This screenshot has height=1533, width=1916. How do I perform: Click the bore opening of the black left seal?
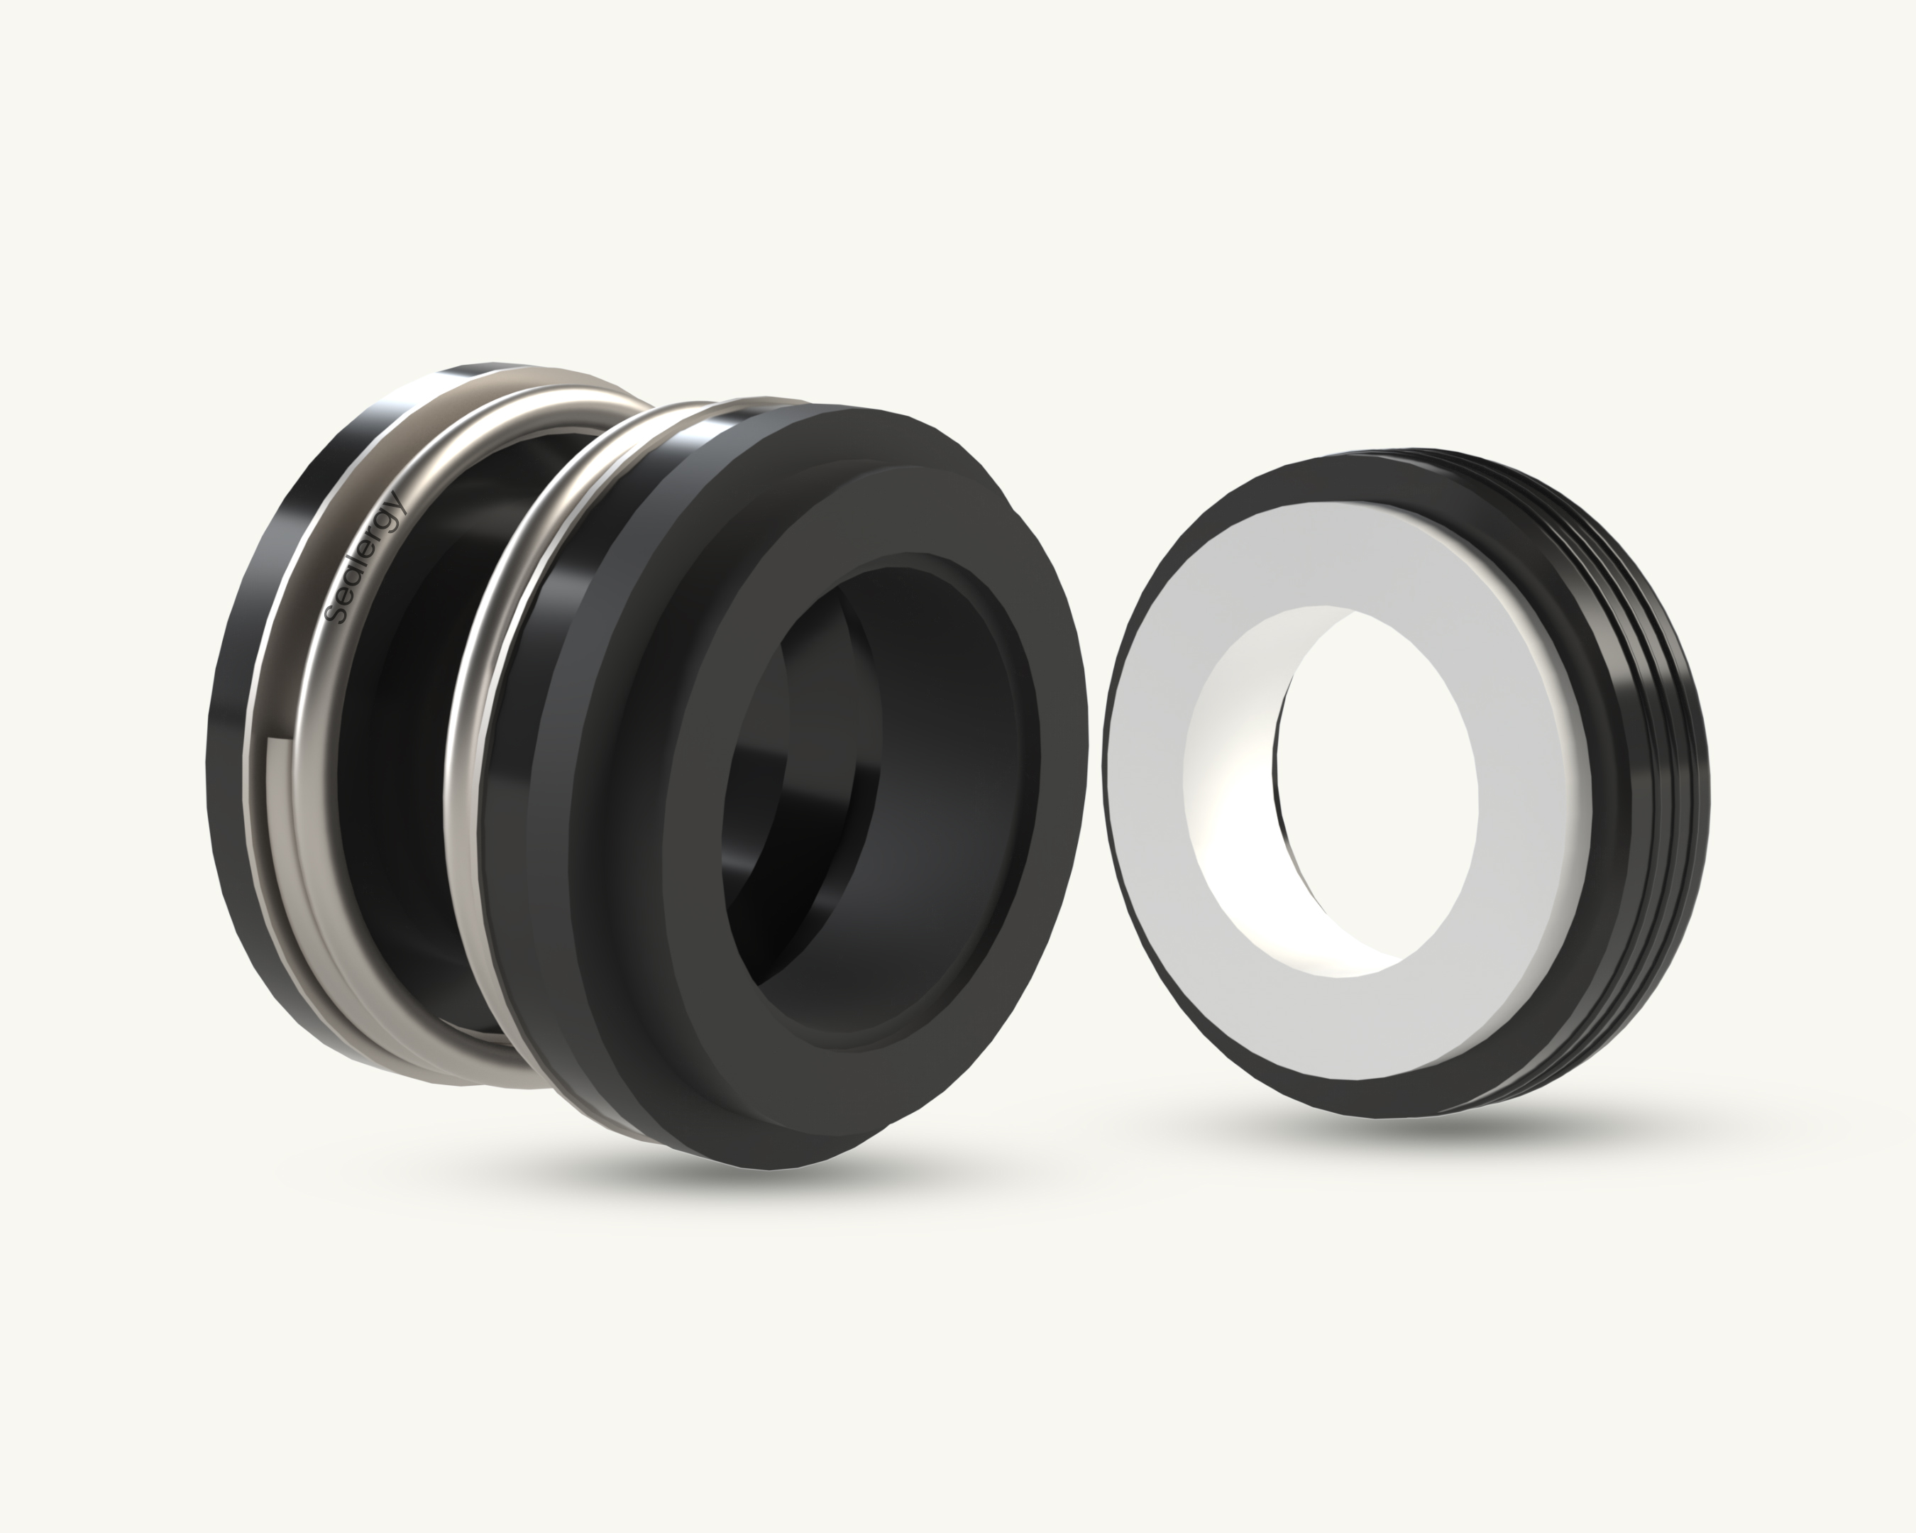[x=800, y=800]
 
